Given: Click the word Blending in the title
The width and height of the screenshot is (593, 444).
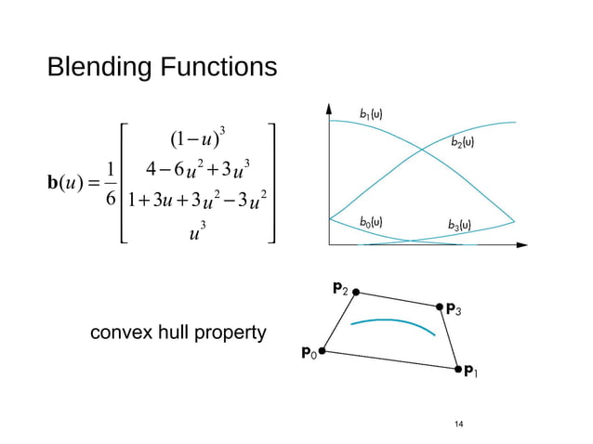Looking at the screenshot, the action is coord(102,69).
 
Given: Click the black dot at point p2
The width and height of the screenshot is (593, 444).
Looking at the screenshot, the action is coord(355,292).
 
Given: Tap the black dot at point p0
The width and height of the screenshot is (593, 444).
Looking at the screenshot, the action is coord(323,352).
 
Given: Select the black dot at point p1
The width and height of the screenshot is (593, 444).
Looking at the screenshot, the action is coord(457,370).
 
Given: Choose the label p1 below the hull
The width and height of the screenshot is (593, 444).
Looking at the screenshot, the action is coord(474,372).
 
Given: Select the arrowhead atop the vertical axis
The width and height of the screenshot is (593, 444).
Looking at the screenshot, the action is coord(328,108).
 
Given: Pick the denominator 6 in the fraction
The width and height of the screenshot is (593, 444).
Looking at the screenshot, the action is coord(111,199).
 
